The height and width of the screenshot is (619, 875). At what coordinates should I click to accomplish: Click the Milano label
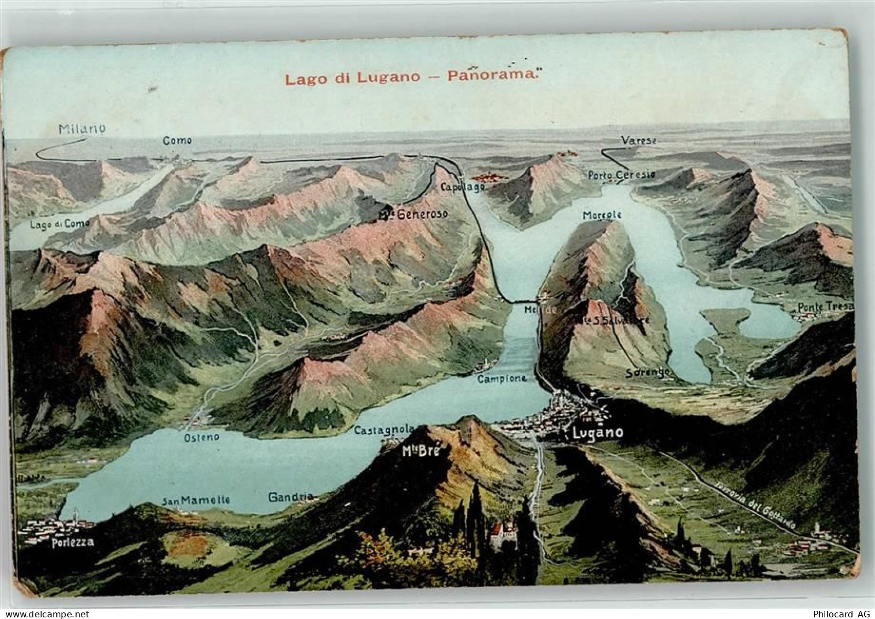click(x=82, y=129)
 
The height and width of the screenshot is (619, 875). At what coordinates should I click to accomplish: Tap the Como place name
click(x=178, y=141)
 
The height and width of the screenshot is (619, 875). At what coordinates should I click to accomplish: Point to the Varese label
click(x=638, y=141)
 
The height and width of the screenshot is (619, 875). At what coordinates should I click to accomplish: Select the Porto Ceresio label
click(x=621, y=175)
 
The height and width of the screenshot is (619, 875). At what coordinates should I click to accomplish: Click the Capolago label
click(x=462, y=187)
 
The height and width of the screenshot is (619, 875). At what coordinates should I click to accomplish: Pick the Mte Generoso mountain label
click(x=413, y=214)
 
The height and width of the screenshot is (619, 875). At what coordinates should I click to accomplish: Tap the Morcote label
click(x=602, y=215)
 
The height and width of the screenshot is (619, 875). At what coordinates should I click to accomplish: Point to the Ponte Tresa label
click(x=825, y=307)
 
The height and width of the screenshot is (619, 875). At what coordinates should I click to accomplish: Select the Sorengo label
click(x=648, y=373)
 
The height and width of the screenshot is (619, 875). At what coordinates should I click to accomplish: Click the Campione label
click(x=502, y=378)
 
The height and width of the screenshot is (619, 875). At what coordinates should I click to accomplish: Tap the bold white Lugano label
click(x=597, y=432)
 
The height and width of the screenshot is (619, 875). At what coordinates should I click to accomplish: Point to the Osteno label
click(x=201, y=437)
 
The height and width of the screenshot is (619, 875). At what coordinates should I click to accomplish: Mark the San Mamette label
click(x=195, y=500)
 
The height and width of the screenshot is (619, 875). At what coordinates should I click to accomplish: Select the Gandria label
click(x=290, y=497)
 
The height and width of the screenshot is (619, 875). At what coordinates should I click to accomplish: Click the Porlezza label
click(x=73, y=542)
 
